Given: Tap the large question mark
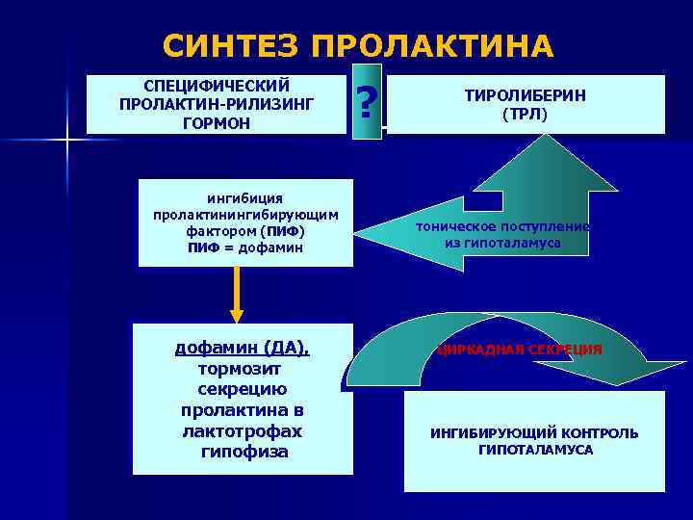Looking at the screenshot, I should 366,101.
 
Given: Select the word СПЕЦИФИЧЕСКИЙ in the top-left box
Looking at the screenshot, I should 217,85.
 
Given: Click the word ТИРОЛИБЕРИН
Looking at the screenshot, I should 525,95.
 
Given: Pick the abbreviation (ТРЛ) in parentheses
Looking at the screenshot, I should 525,114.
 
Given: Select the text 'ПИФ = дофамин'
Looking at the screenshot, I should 245,247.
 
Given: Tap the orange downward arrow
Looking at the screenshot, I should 237,299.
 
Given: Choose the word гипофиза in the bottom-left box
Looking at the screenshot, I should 242,452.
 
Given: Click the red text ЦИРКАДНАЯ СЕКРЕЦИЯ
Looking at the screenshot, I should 520,349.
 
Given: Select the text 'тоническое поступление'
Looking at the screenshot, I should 502,226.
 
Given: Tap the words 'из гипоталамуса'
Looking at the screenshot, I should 502,244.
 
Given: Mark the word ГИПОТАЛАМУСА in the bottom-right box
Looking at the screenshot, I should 535,450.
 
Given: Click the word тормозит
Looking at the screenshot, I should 242,368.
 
